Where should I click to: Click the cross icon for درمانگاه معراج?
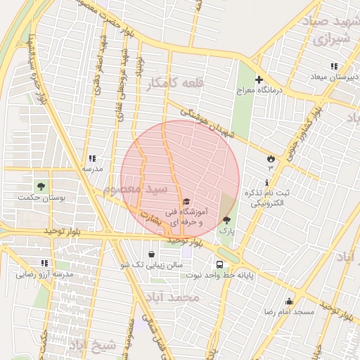(259, 80)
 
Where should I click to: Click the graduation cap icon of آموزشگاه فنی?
(186, 202)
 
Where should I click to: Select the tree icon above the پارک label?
(226, 220)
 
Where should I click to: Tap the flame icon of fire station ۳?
(270, 158)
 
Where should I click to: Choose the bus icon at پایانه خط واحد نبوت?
(220, 264)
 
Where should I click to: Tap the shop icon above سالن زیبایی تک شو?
(152, 254)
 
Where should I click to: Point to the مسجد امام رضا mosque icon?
(288, 301)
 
